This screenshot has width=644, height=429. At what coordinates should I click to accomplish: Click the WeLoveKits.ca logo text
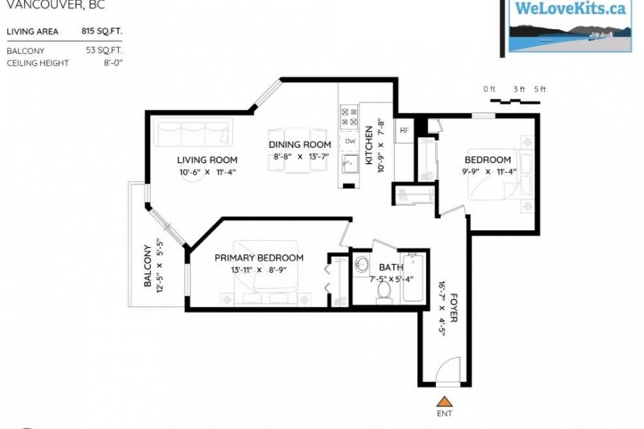[x=570, y=9]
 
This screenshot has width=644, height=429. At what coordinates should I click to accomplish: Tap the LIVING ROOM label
[x=207, y=160]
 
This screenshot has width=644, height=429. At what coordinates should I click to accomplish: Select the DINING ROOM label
[x=299, y=145]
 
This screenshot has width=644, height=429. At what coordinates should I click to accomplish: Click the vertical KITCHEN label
[x=369, y=146]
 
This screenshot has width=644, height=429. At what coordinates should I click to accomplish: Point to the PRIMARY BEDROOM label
[x=259, y=258]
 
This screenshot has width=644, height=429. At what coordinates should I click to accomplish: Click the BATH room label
[x=391, y=267]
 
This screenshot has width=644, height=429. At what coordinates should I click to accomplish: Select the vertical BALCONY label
[x=148, y=266]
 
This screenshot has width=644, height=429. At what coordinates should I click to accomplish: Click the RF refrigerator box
[x=404, y=131]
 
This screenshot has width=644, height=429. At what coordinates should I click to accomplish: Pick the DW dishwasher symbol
[x=350, y=142]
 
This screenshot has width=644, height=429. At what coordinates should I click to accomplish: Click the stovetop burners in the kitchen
[x=349, y=117]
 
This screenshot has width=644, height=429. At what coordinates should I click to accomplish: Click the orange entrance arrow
[x=443, y=401]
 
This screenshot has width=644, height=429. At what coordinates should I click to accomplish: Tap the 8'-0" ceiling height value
[x=113, y=63]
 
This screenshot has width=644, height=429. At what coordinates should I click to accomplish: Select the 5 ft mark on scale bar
[x=540, y=89]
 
